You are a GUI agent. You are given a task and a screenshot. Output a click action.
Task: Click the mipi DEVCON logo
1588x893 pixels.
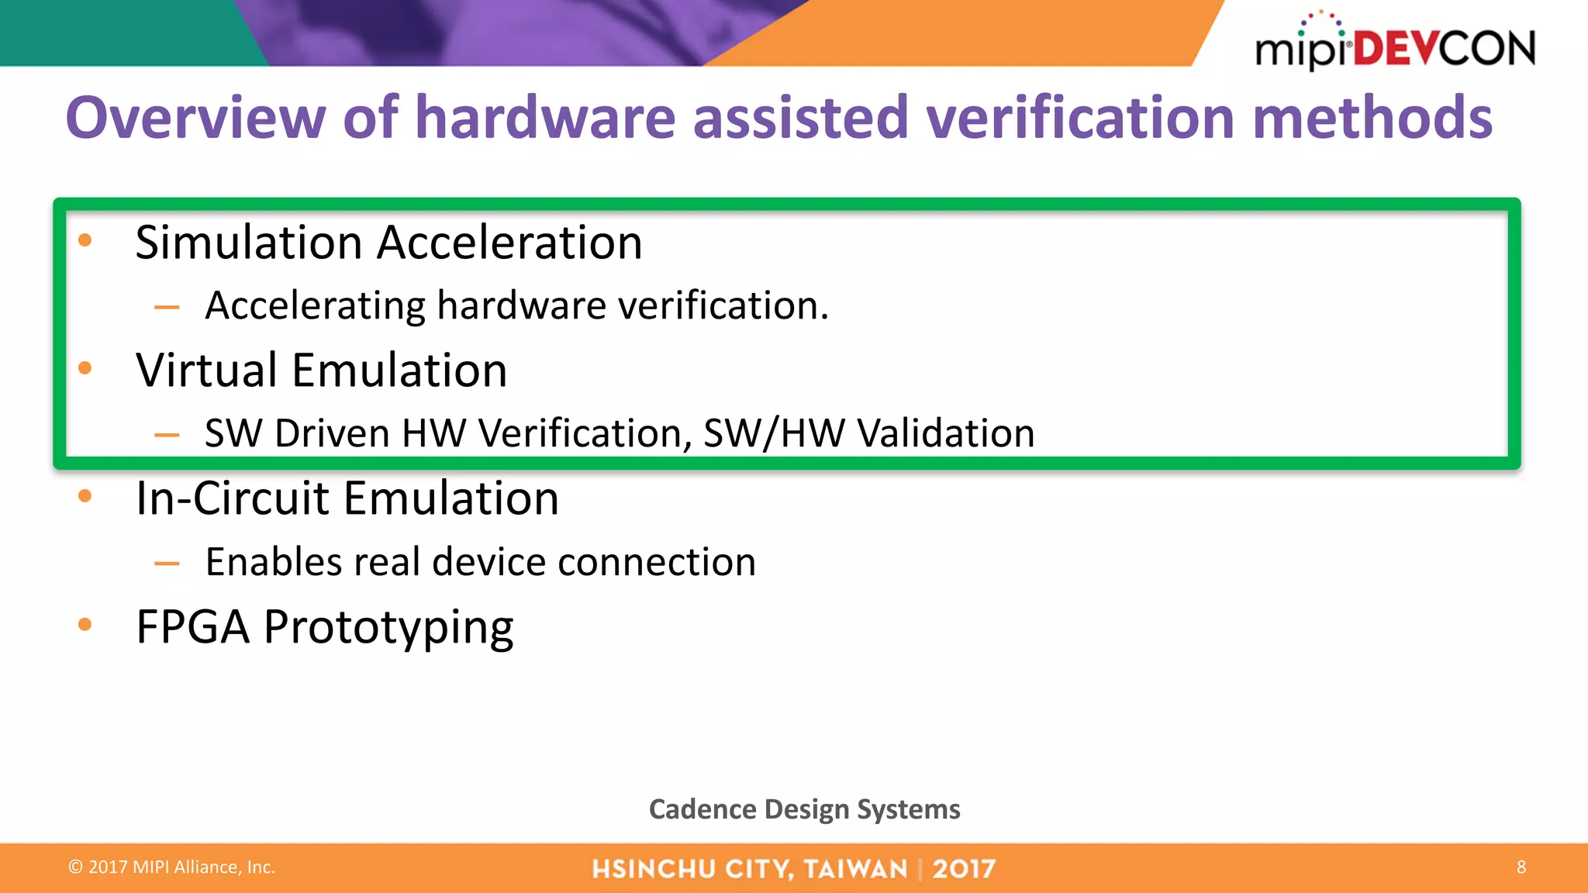(x=1394, y=45)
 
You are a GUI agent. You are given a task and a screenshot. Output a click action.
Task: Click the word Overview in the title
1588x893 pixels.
(x=195, y=118)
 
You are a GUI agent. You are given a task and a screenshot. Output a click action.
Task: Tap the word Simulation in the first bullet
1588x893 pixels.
(x=249, y=243)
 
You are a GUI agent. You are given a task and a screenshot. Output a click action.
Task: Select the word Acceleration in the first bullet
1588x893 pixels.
(x=509, y=243)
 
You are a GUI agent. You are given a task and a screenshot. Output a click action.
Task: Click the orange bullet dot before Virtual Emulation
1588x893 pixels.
(x=85, y=368)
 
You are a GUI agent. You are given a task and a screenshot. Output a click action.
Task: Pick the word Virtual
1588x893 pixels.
(x=206, y=370)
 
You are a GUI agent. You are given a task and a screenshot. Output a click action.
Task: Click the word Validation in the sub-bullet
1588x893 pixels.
(x=946, y=433)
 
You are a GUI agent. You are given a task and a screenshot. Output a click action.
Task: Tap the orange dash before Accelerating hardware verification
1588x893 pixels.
(x=167, y=308)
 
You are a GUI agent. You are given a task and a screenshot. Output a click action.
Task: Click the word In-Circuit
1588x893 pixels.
(x=233, y=498)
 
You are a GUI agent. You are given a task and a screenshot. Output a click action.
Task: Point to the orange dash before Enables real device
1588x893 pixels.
(x=167, y=564)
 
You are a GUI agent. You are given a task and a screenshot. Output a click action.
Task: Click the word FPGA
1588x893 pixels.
(x=192, y=626)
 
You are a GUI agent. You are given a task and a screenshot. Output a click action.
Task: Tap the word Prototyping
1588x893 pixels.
(x=388, y=628)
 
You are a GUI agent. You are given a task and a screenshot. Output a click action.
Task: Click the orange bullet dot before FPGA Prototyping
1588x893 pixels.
(x=85, y=624)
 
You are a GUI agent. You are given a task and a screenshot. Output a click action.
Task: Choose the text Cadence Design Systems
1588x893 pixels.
(x=804, y=809)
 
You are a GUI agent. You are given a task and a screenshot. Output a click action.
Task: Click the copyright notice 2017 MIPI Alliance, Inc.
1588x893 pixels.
(x=172, y=867)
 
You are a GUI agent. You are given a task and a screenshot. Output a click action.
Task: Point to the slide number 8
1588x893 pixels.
(x=1521, y=867)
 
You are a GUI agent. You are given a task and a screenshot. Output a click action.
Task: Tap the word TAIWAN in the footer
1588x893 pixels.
(x=855, y=869)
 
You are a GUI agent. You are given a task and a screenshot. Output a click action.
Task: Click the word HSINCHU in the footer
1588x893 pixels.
(x=652, y=869)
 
